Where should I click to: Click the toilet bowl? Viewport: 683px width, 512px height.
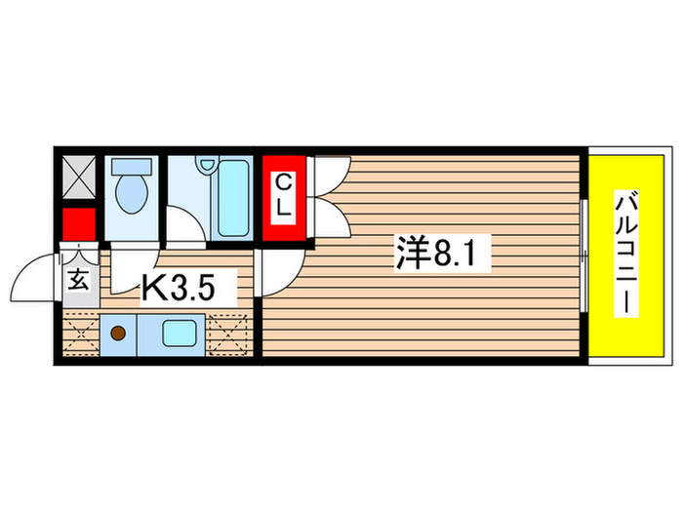[128, 194]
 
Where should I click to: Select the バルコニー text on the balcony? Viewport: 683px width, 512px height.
[625, 256]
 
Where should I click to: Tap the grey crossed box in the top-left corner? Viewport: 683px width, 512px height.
[78, 177]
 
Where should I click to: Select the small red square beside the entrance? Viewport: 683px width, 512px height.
[78, 224]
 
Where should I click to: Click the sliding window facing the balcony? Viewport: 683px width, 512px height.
[583, 256]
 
